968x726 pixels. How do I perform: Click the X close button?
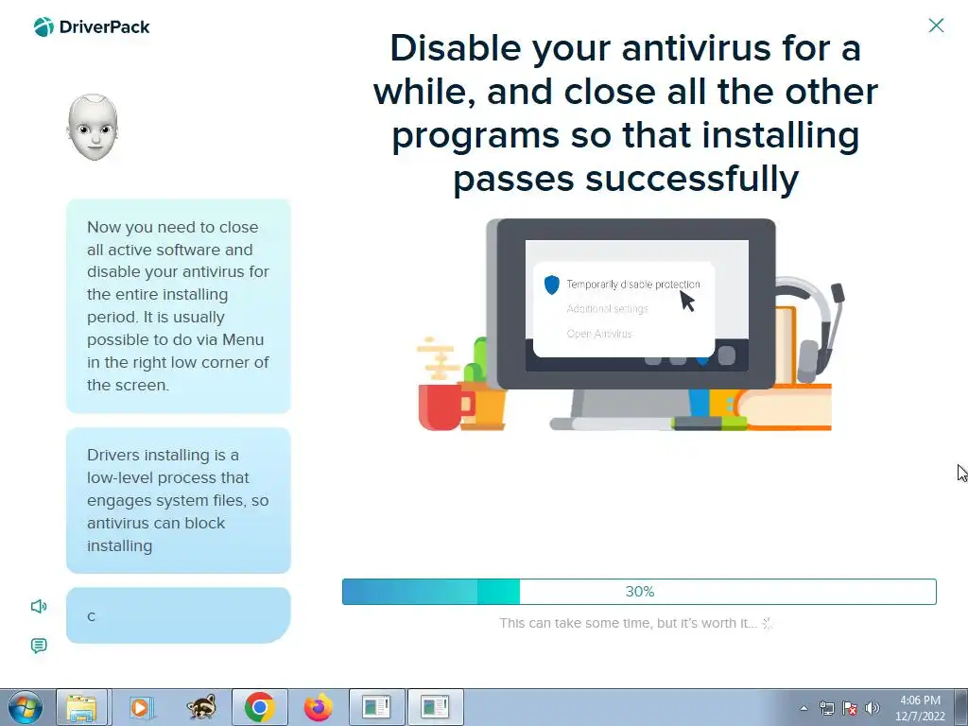coord(936,26)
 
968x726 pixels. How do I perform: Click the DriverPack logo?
coord(92,27)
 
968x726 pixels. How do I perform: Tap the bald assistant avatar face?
coord(93,128)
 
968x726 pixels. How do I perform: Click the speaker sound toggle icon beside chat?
coord(38,606)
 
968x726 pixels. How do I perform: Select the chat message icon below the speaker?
coord(38,646)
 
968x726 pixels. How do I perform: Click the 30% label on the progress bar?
coord(640,592)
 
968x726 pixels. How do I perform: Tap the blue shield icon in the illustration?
coord(552,285)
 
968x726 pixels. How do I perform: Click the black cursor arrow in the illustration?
coord(686,302)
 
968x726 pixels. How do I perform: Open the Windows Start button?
coord(25,707)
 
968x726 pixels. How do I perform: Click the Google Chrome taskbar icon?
coord(259,707)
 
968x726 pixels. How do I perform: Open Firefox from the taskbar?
coord(318,707)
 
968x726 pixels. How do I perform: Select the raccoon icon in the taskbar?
coord(201,707)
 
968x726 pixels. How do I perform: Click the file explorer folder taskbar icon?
coord(81,708)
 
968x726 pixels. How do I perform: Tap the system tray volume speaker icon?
coord(873,708)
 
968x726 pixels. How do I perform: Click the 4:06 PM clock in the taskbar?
coord(920,700)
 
